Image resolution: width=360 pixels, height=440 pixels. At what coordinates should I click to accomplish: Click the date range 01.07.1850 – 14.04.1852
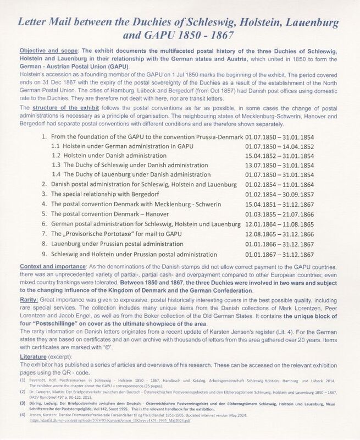point(278,162)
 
